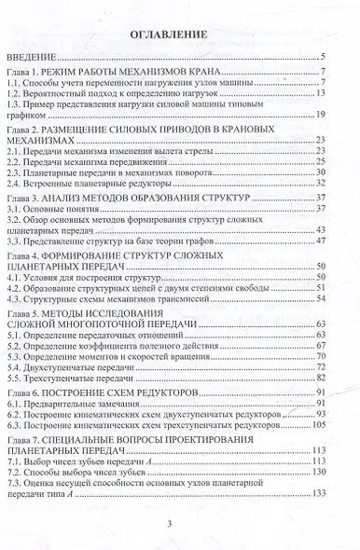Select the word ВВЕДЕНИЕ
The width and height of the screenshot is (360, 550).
click(31, 58)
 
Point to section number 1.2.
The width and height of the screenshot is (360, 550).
click(17, 93)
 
